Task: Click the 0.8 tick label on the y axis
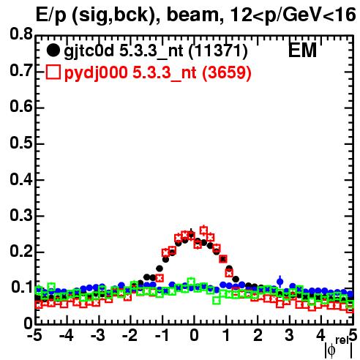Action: point(21,34)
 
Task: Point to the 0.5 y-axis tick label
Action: point(21,143)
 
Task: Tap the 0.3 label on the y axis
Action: point(21,215)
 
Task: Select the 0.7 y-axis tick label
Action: point(21,70)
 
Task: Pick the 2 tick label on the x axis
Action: point(258,335)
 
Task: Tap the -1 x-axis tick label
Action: point(162,335)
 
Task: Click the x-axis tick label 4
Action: point(321,335)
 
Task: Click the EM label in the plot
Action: point(302,50)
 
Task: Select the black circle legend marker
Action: point(53,50)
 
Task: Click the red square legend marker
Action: point(53,72)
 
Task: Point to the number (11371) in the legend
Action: point(218,51)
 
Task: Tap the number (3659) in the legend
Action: point(227,72)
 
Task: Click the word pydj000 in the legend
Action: point(96,73)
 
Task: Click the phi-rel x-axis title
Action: point(339,347)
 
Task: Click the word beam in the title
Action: point(192,15)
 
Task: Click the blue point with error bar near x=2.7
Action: point(280,282)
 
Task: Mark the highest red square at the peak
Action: point(203,230)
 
